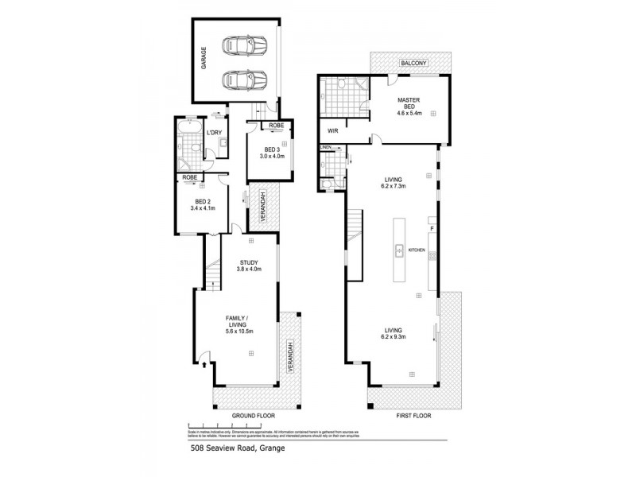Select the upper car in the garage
click(x=243, y=45)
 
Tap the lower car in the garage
click(x=243, y=80)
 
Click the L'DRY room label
click(x=214, y=134)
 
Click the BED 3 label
click(x=271, y=149)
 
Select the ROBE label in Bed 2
click(x=190, y=178)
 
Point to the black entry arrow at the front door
click(x=206, y=365)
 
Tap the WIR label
click(x=333, y=130)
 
